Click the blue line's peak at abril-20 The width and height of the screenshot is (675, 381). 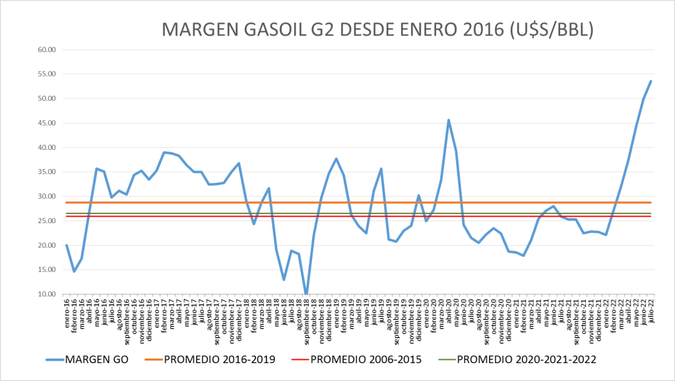click(x=449, y=120)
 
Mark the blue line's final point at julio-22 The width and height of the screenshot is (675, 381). click(x=651, y=81)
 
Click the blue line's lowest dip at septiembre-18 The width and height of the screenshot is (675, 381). click(x=306, y=294)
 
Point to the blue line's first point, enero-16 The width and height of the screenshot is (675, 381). click(x=67, y=245)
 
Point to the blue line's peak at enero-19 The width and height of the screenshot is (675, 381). click(x=337, y=158)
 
